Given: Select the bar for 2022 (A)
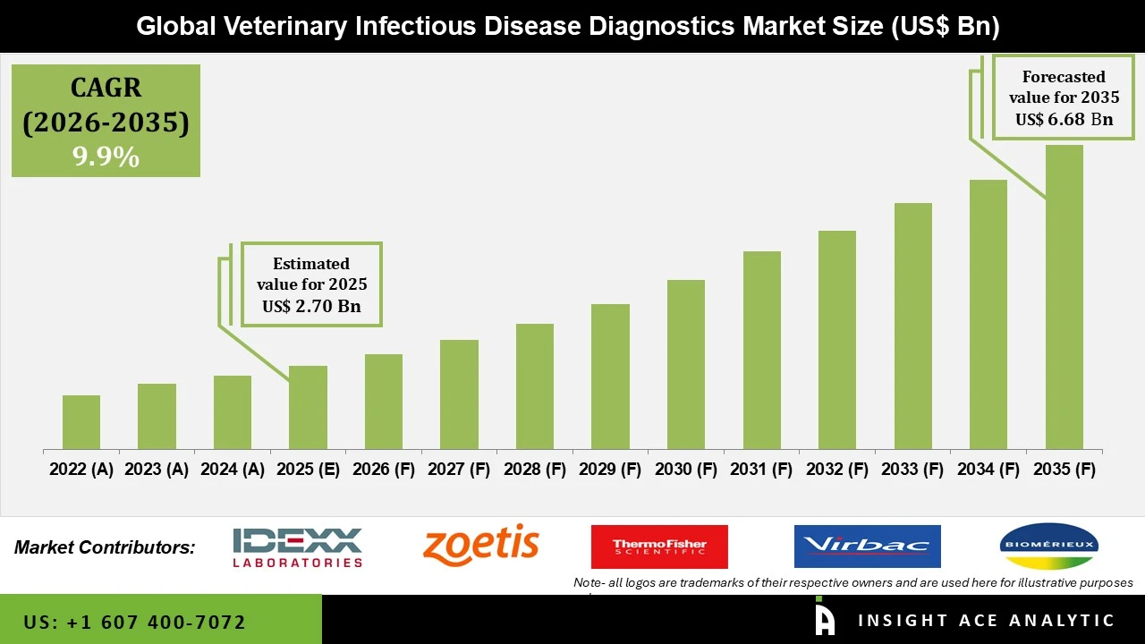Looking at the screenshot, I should [81, 422].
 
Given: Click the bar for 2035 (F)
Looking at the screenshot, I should [1064, 297].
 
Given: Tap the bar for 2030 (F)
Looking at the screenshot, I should [686, 365].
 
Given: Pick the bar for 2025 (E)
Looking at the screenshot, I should [308, 408].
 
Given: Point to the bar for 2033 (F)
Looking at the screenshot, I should [912, 326].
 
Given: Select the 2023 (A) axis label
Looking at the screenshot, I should [157, 470].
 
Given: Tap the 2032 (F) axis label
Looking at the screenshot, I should [837, 470].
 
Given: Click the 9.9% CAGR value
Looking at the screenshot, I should [106, 157].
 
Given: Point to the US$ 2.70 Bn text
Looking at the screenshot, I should [311, 307].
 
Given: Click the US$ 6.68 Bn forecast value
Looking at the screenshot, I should [1064, 119].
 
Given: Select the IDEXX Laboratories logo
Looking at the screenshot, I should [297, 547].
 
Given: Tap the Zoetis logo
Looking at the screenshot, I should [481, 545].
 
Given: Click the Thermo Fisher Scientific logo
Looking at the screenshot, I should [659, 547].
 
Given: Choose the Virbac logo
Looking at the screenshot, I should [867, 546].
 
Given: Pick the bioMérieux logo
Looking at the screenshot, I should [1048, 546].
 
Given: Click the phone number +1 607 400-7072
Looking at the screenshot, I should [135, 622].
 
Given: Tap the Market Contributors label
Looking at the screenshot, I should [105, 547].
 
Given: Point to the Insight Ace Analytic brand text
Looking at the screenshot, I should [986, 621].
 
